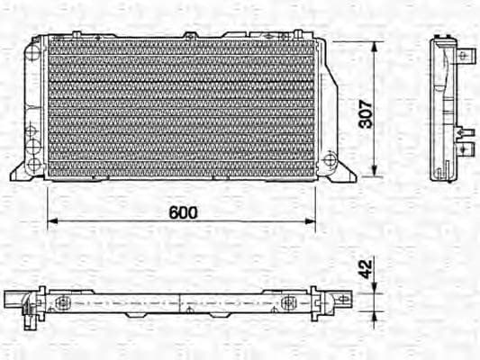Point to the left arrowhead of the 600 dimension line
coord(51,220)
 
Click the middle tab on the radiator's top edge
coord(190,36)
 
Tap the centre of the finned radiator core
coord(181,107)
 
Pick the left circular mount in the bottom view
coord(63,301)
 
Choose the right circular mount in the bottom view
coord(290,301)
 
